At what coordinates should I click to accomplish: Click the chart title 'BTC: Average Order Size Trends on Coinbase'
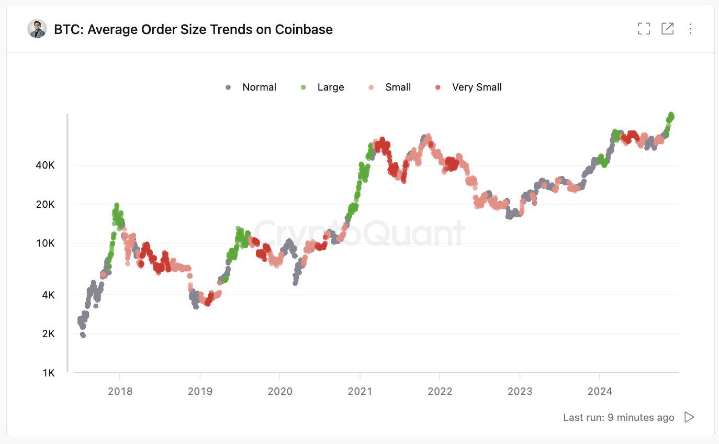point(193,29)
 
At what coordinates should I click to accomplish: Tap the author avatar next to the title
point(37,29)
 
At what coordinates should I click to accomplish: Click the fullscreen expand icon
point(644,29)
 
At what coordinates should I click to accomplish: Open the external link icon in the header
point(667,29)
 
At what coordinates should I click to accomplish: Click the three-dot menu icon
point(690,29)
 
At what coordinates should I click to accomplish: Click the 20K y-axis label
point(44,204)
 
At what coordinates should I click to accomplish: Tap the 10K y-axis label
point(44,243)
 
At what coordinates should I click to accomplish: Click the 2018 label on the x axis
point(120,391)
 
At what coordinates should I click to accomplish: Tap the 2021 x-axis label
point(359,391)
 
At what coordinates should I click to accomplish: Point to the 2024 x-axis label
point(599,391)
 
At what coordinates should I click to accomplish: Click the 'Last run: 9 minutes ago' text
point(619,417)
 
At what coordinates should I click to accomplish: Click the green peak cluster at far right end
point(670,118)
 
